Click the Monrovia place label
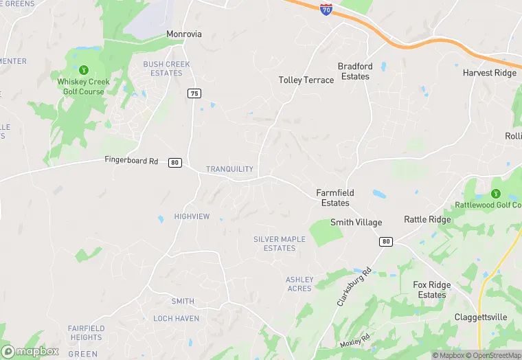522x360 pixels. (183, 34)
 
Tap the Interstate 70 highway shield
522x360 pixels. (326, 9)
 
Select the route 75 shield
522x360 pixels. (195, 93)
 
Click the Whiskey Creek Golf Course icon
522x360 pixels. (84, 69)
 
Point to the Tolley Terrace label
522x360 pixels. (306, 80)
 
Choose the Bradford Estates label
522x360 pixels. (355, 71)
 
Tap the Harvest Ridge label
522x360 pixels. (489, 73)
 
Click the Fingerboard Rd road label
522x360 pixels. (131, 161)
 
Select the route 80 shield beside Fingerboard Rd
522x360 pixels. (175, 163)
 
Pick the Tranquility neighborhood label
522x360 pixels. (229, 169)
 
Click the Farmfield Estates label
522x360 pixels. (335, 198)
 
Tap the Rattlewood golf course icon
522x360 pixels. (495, 194)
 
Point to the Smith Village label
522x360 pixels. (356, 223)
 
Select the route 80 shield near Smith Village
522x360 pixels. (386, 241)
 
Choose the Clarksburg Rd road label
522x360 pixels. (354, 287)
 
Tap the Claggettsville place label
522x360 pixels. (481, 317)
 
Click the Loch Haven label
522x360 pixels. (177, 319)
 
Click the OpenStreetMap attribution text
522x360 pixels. (496, 355)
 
